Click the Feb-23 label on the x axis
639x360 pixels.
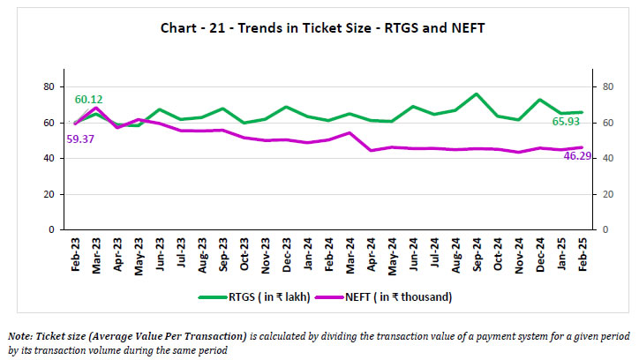tap(74, 254)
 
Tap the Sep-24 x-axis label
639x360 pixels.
tap(477, 254)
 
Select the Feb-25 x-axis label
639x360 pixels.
tap(583, 254)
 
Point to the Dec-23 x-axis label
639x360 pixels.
tap(286, 254)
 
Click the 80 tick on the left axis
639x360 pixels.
tap(49, 86)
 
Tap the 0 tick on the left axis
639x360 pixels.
tap(52, 229)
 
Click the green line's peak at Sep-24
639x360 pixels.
tap(477, 94)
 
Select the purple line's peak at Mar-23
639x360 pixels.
tap(95, 108)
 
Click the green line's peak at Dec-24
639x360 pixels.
tap(540, 100)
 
